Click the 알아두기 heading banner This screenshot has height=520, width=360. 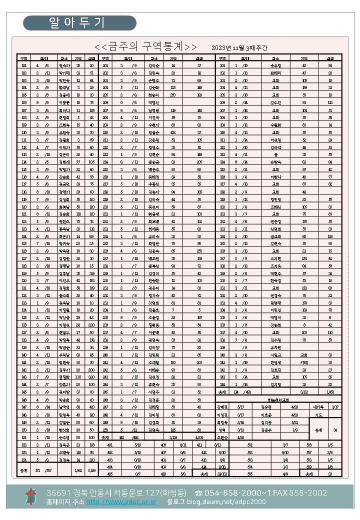click(x=79, y=22)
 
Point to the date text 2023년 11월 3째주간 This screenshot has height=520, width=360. click(x=239, y=47)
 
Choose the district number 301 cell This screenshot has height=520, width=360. click(x=223, y=65)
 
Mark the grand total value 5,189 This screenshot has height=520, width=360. click(x=91, y=470)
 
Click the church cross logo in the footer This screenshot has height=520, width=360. click(x=31, y=496)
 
